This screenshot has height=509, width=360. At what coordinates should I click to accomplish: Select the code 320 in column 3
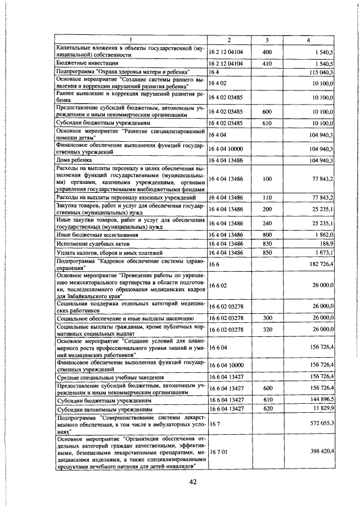pos(267,328)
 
